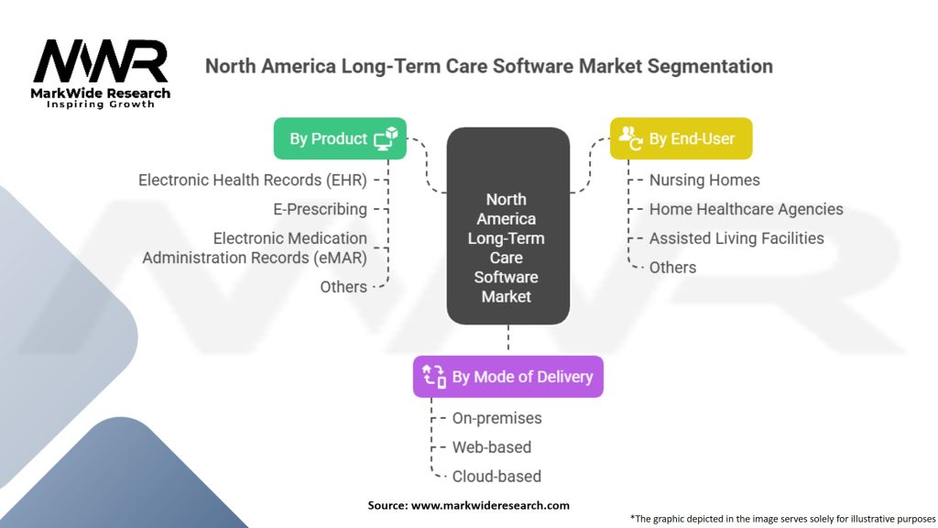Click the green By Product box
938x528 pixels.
(x=340, y=138)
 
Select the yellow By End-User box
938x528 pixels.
(x=681, y=138)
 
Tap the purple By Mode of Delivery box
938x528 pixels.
(x=507, y=377)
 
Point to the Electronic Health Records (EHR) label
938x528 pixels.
(x=253, y=180)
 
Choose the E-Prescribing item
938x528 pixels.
(x=320, y=209)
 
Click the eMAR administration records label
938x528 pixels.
(x=255, y=248)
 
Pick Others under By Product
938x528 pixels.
(x=344, y=287)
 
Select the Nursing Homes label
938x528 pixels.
(x=704, y=180)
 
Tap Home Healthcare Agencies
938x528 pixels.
(x=746, y=209)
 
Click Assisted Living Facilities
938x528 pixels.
(x=736, y=238)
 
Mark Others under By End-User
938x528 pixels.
(x=672, y=268)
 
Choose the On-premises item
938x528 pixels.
(x=496, y=418)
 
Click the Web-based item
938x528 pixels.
(x=491, y=447)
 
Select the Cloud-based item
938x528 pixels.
(x=496, y=477)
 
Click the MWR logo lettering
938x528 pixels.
(x=101, y=61)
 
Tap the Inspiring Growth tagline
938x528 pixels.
(x=101, y=104)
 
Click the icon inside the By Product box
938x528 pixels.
(x=385, y=138)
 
